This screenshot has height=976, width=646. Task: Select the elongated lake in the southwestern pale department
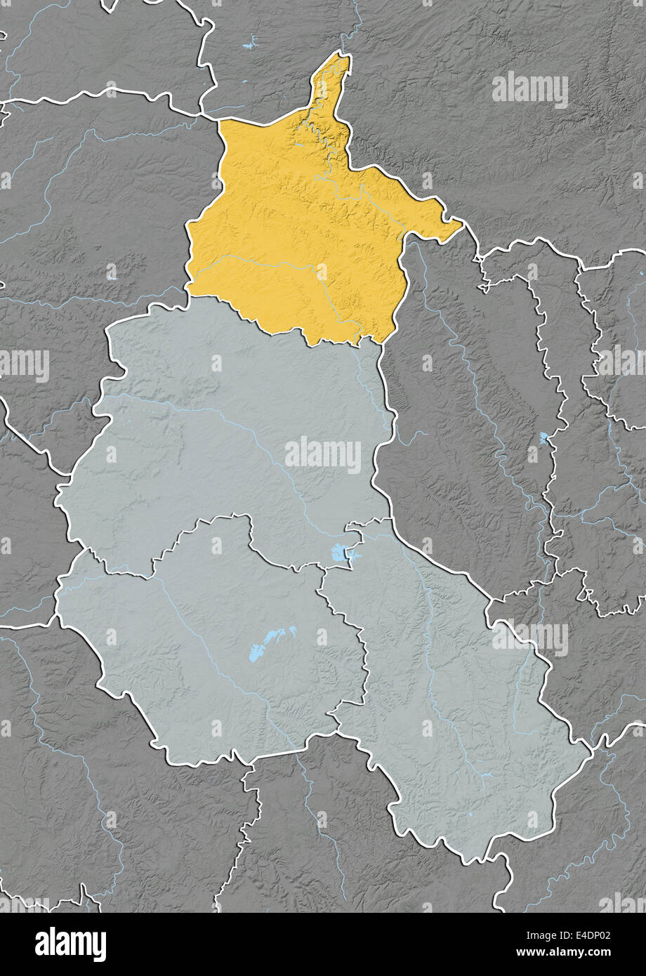pyautogui.click(x=272, y=642)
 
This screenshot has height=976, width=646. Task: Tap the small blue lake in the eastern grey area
pyautogui.click(x=543, y=438)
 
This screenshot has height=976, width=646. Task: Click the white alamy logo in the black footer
pyautogui.click(x=70, y=944)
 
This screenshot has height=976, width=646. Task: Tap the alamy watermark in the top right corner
pyautogui.click(x=530, y=90)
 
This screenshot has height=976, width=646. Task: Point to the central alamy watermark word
pyautogui.click(x=323, y=454)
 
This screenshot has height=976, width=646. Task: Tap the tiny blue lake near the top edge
pyautogui.click(x=249, y=46)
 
